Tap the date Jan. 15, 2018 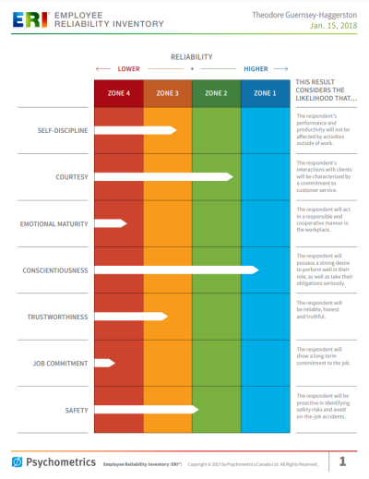pos(330,27)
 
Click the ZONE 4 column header pos(118,93)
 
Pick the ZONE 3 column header pos(167,93)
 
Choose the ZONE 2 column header pos(216,93)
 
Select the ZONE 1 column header pos(264,93)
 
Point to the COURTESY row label pos(73,176)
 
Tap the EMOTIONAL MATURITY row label pos(55,223)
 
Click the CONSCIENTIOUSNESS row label pos(55,270)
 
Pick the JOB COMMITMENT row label pos(61,364)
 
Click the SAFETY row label pos(76,410)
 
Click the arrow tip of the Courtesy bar pos(232,176)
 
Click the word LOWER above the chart pos(129,69)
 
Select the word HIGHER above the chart pos(256,69)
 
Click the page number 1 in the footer pos(342,461)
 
